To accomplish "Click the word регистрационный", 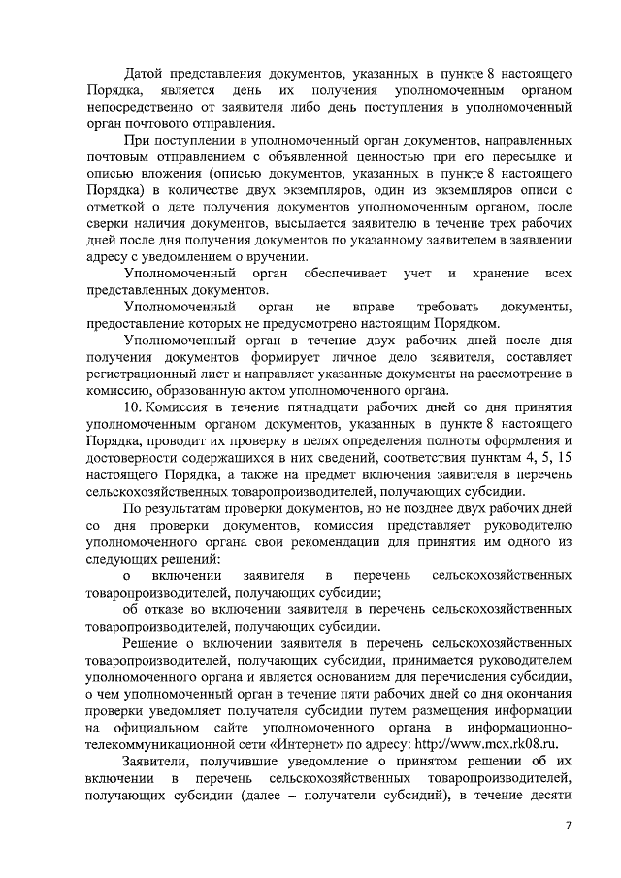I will tap(146, 373).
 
